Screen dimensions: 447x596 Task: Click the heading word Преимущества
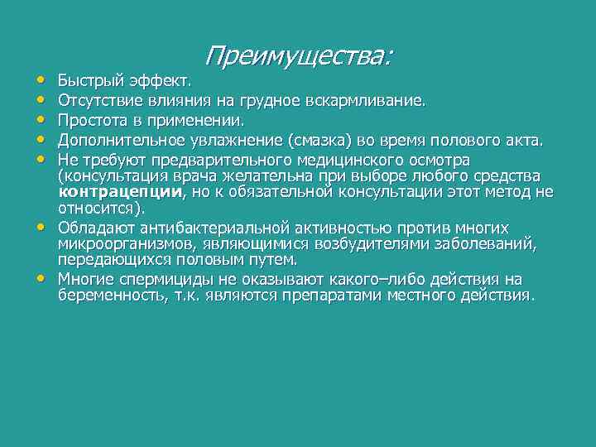click(296, 55)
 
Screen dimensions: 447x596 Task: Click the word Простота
click(89, 122)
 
